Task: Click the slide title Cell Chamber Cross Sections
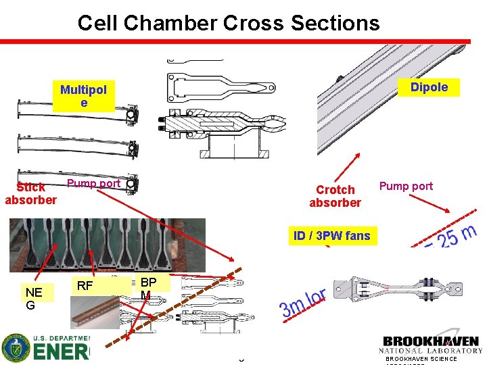(x=229, y=23)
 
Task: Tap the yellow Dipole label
(x=429, y=87)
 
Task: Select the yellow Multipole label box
(x=84, y=96)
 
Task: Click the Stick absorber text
(x=31, y=193)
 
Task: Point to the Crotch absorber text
(x=335, y=196)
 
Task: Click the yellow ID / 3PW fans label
(x=332, y=236)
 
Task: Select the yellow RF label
(x=85, y=286)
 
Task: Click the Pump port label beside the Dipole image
(x=406, y=185)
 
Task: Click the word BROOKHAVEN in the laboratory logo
(x=431, y=341)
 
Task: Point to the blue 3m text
(x=293, y=308)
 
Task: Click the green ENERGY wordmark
(x=61, y=352)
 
